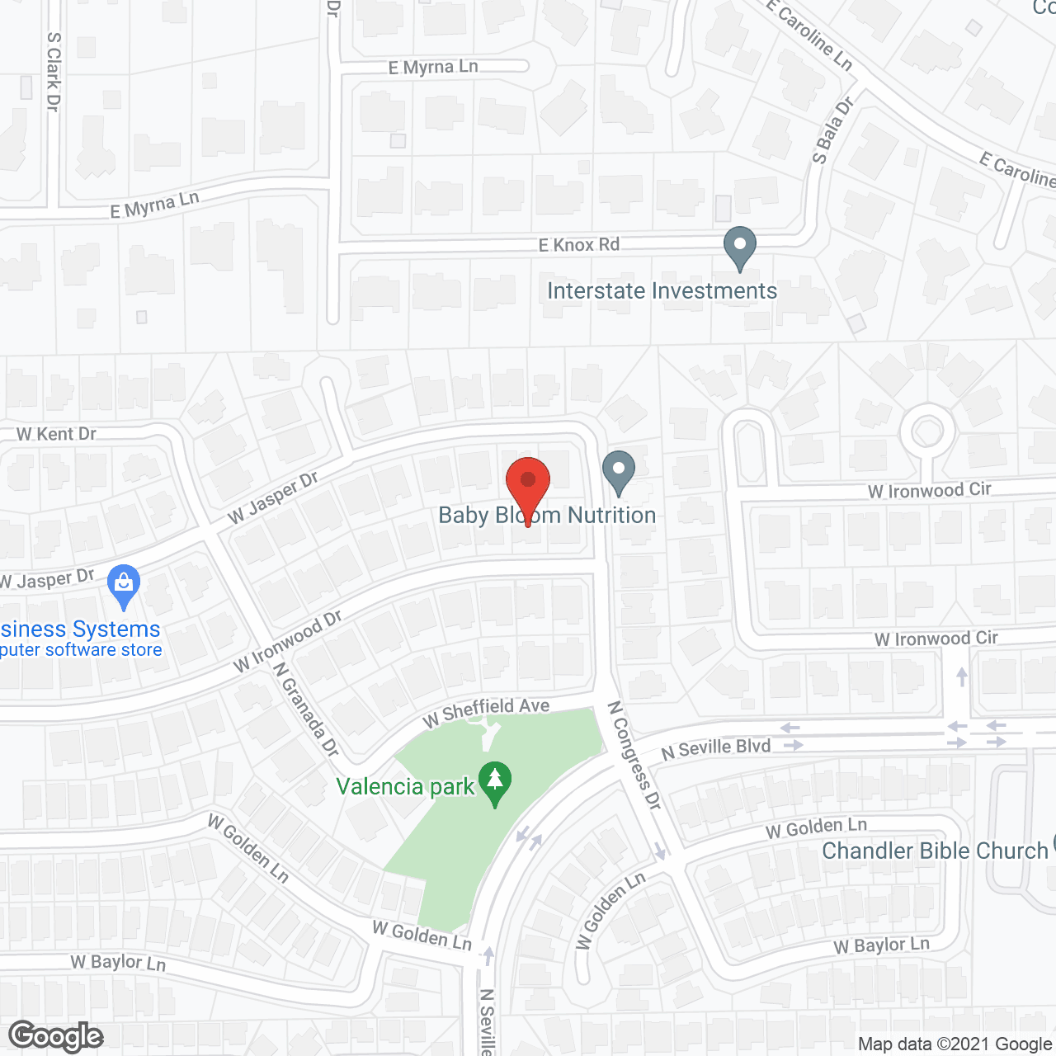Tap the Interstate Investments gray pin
coord(740,247)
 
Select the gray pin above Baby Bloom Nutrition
coord(619,471)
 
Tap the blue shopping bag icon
coord(124,585)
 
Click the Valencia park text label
coord(405,786)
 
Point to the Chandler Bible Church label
coord(934,851)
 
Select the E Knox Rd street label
coord(578,244)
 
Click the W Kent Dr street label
coord(56,434)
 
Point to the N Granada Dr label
coord(306,709)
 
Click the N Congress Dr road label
coord(634,754)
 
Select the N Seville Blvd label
coord(716,748)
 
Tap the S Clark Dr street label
coord(54,72)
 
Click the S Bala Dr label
coord(832,130)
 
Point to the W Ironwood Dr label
coord(287,640)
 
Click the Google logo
coord(56,1036)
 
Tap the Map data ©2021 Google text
coord(955,1044)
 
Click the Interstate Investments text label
coord(662,290)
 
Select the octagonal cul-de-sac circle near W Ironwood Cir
coord(927,431)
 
